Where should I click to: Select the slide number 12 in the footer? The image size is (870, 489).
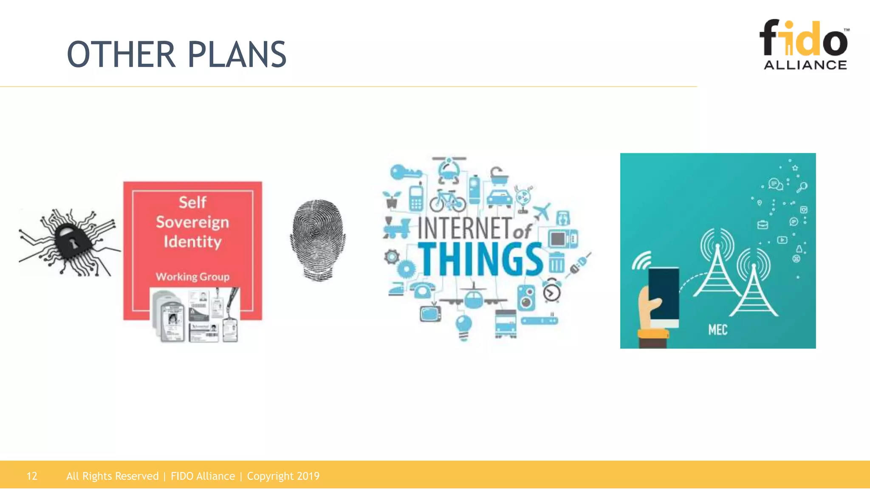[32, 476]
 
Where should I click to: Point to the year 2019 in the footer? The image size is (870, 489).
[308, 476]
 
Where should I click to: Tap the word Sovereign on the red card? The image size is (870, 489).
[192, 222]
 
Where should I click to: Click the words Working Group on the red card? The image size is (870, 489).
[192, 277]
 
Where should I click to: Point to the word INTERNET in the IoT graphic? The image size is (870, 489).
[464, 228]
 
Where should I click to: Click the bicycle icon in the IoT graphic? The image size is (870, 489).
[447, 201]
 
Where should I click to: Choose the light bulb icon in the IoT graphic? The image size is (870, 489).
[463, 327]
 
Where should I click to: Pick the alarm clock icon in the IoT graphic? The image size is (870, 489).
[552, 291]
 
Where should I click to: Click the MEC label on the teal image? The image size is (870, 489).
[718, 330]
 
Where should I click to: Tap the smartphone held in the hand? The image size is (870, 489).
[664, 295]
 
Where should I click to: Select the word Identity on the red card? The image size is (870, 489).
[192, 242]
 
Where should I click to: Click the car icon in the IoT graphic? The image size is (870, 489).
[499, 198]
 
